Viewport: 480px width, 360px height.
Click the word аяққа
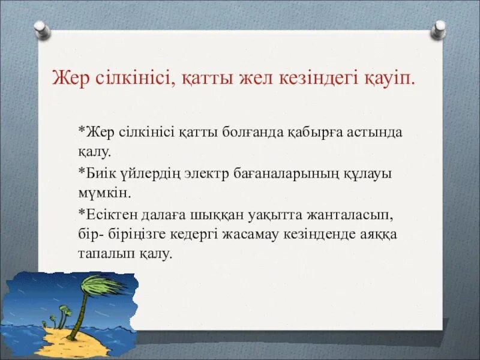coord(380,234)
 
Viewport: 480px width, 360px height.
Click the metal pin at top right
coord(440,28)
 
